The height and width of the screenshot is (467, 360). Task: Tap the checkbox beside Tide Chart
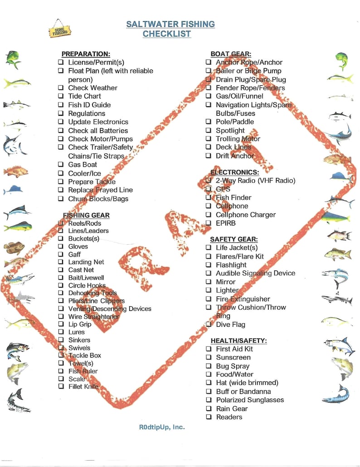click(x=61, y=96)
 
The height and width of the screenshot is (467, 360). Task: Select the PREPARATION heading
click(x=86, y=54)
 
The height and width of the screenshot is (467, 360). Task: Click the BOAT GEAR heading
click(x=231, y=54)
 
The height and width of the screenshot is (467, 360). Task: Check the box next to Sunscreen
click(x=209, y=358)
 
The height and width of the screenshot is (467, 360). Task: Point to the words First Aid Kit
click(x=234, y=349)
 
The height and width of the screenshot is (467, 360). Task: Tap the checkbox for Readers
click(x=209, y=417)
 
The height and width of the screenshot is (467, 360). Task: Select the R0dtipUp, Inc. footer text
click(x=162, y=427)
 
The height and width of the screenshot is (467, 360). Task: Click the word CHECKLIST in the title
click(x=166, y=34)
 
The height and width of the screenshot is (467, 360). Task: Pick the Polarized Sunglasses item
click(x=249, y=400)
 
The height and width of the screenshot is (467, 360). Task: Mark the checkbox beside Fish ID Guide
click(x=61, y=105)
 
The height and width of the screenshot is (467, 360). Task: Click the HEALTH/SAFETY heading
click(x=238, y=340)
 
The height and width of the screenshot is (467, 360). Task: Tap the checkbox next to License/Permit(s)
click(x=61, y=62)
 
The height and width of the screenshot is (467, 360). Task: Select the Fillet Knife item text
click(x=83, y=387)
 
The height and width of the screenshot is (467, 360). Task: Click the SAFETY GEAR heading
click(x=234, y=239)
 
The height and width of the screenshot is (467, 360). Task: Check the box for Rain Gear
click(x=209, y=408)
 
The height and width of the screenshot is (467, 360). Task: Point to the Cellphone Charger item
click(x=245, y=215)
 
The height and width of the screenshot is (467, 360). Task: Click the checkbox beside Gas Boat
click(x=61, y=164)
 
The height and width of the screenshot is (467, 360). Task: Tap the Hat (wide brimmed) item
click(x=247, y=383)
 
